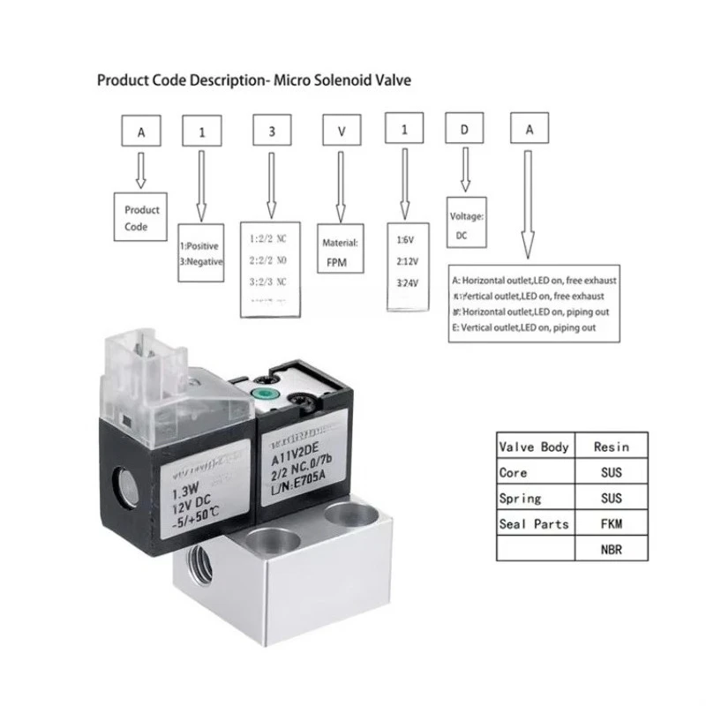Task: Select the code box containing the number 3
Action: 269,131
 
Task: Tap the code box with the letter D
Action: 465,131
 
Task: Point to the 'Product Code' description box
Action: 142,218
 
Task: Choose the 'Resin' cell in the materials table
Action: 611,447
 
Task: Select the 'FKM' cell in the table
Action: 611,524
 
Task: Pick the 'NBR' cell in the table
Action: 611,550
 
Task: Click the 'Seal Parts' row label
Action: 533,524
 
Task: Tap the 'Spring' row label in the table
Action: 520,499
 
